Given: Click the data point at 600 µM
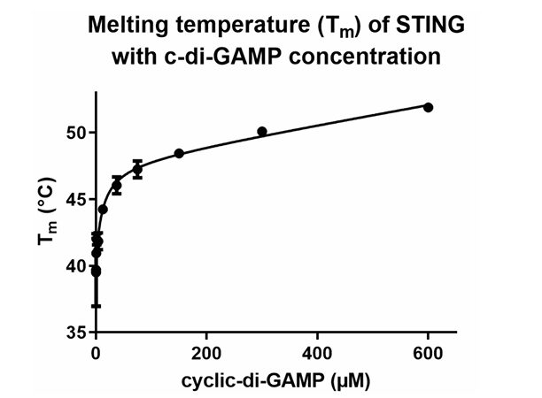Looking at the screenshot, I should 429,107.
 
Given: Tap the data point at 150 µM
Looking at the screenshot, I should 179,153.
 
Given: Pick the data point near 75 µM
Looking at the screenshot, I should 137,169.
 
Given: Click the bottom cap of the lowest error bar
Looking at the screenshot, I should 96,306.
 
